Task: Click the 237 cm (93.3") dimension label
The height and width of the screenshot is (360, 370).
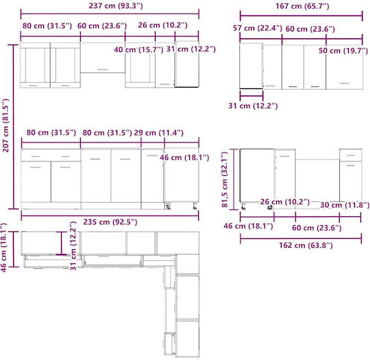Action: (116, 5)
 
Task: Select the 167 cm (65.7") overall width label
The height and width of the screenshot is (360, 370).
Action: (302, 6)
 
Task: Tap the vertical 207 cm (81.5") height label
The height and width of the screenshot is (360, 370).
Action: (5, 125)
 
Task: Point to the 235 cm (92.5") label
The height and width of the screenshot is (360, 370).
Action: (110, 222)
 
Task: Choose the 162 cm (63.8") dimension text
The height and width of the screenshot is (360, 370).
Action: (306, 245)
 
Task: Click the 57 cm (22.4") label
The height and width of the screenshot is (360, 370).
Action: (258, 28)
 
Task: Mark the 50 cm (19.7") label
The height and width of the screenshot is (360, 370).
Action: (343, 51)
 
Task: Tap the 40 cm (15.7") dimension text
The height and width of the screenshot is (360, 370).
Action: (138, 50)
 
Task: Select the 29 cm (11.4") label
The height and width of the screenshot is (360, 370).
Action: (158, 133)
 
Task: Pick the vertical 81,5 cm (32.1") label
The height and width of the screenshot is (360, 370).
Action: (225, 179)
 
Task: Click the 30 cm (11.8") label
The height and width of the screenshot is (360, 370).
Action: (345, 205)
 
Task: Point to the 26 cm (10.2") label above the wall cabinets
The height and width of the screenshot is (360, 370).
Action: (162, 25)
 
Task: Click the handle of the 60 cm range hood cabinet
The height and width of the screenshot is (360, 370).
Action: (103, 69)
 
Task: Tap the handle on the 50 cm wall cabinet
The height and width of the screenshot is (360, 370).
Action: (345, 83)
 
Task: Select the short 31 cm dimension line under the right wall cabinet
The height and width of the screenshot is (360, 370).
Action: (251, 96)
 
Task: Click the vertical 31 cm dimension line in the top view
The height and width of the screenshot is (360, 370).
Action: (62, 243)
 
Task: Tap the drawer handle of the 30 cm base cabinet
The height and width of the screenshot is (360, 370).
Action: (351, 155)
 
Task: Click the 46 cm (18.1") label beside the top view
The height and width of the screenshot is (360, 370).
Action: (4, 248)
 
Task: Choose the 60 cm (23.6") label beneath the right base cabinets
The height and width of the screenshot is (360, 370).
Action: (317, 228)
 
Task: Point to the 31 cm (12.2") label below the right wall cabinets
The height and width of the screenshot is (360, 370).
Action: (253, 105)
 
